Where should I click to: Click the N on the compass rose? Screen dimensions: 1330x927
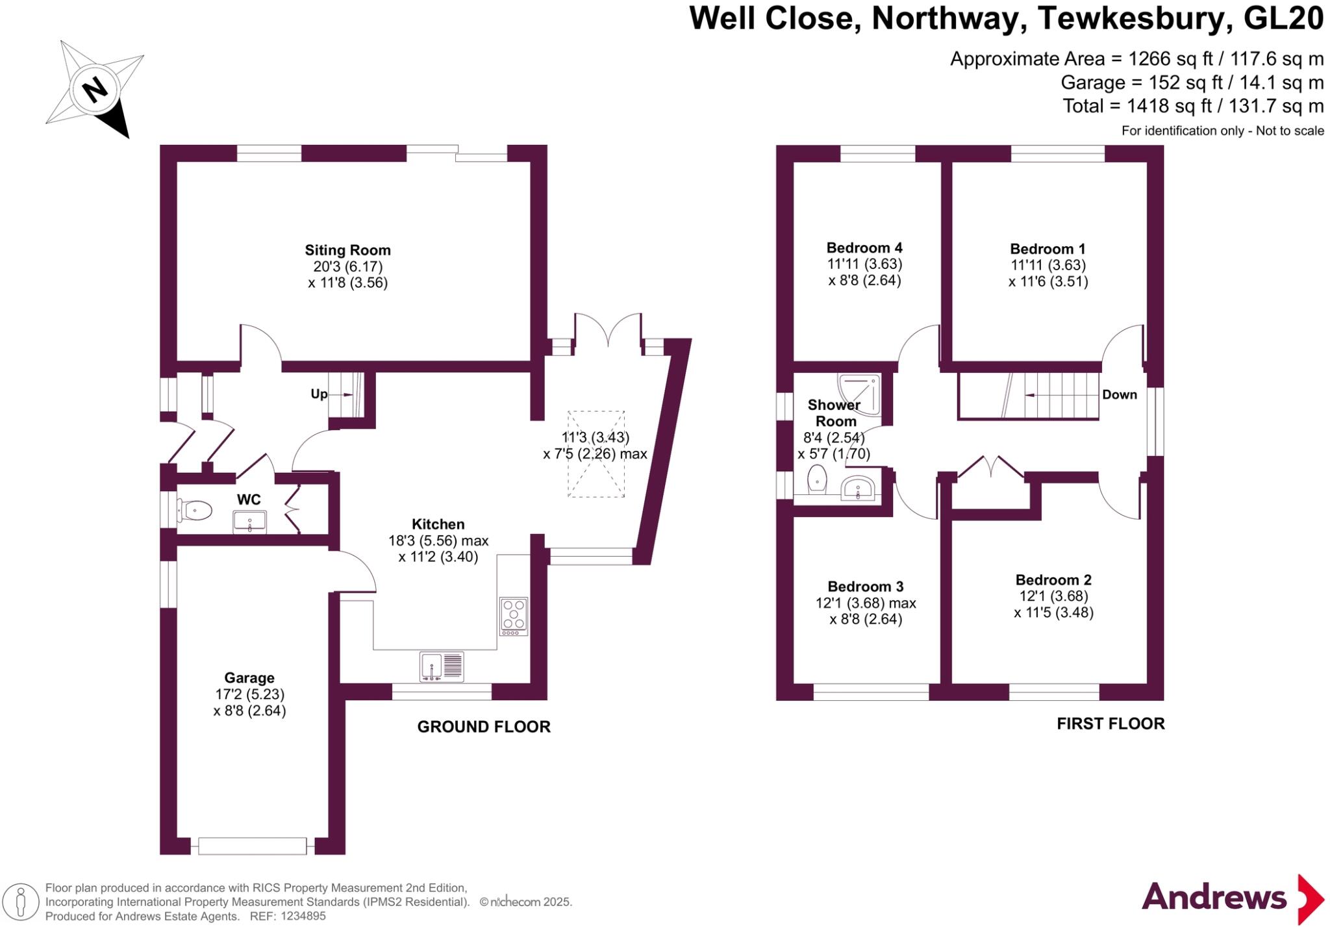[95, 89]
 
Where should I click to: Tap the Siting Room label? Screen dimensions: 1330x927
[347, 250]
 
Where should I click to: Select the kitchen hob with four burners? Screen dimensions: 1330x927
[513, 615]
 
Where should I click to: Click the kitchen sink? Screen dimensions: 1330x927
[442, 667]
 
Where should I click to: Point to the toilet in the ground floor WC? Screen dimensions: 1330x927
[195, 510]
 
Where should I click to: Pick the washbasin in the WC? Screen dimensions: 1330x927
[249, 521]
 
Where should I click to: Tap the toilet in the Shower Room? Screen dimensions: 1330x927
[817, 480]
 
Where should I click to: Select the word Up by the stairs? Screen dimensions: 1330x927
[319, 394]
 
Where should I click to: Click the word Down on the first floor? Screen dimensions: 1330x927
[1119, 394]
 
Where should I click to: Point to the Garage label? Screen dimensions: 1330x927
[249, 678]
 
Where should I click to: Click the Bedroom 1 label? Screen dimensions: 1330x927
[1048, 249]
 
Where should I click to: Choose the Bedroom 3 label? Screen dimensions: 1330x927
[865, 587]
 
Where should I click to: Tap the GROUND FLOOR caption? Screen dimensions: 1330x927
[483, 727]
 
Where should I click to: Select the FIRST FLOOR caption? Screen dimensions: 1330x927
[1110, 724]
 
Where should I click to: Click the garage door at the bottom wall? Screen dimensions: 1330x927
[252, 846]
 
